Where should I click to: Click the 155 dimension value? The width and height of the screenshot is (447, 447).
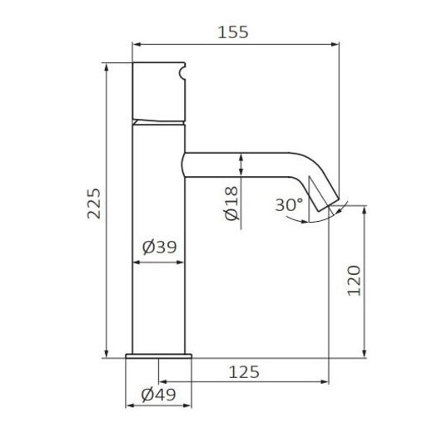point(233,32)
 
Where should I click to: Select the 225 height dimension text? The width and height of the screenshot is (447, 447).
point(94,204)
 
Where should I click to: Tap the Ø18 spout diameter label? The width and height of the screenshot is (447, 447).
point(231,203)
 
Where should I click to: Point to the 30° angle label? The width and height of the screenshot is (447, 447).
point(289,204)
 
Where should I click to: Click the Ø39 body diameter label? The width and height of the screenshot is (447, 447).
point(159,247)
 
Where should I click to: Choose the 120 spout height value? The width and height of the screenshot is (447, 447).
point(354,281)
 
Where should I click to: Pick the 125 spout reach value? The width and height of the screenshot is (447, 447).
point(244,372)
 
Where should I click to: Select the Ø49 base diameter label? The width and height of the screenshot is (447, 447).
point(158,395)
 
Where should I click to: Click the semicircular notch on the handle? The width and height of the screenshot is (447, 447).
point(182,71)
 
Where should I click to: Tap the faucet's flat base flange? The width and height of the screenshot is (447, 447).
point(158,356)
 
